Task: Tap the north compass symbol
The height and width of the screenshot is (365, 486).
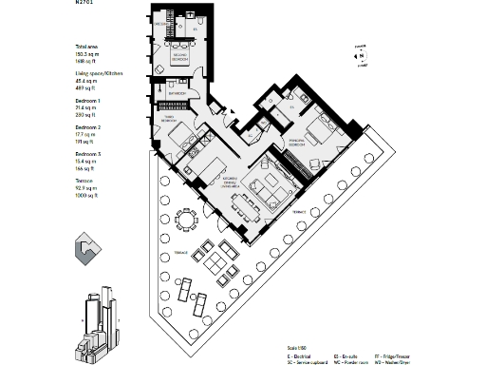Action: [x=361, y=55]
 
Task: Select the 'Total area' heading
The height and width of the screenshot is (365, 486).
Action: [x=86, y=47]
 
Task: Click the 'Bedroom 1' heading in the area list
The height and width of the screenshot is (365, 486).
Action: [x=88, y=100]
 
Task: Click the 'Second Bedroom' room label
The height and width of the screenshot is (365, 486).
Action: [x=178, y=59]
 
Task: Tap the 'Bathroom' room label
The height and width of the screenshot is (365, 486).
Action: [x=176, y=95]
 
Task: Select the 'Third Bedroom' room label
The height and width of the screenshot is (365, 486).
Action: [x=172, y=121]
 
